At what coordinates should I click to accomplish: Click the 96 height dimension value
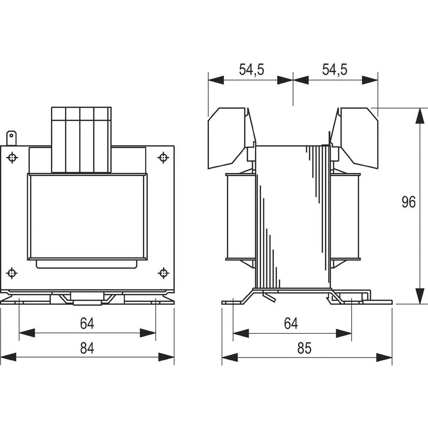[x=409, y=202]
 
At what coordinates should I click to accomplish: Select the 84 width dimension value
[x=87, y=349]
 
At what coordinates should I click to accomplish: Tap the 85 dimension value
[x=304, y=349]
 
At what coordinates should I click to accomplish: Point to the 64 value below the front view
[x=87, y=324]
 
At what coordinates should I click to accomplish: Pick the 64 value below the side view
[x=291, y=324]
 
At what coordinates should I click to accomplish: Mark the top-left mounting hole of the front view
[x=12, y=158]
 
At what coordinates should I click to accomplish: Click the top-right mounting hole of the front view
[x=163, y=158]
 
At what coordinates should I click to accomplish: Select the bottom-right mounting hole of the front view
[x=163, y=273]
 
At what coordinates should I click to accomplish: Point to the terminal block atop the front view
[x=81, y=140]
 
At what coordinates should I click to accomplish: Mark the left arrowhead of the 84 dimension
[x=9, y=357]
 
